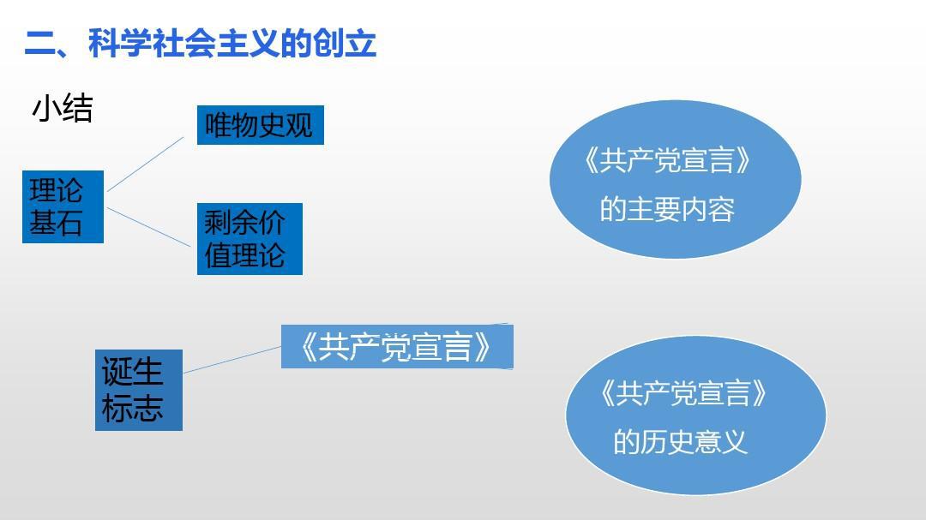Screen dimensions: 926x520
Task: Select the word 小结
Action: (x=63, y=109)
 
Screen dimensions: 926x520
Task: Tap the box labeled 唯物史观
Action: (x=260, y=125)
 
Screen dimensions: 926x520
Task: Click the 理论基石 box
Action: (x=63, y=206)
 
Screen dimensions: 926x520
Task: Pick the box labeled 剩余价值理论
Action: (x=250, y=239)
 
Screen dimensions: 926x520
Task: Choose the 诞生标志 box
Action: (x=138, y=390)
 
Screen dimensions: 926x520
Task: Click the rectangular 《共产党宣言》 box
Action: (x=396, y=346)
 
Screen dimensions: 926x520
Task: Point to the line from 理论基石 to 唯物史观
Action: (x=145, y=163)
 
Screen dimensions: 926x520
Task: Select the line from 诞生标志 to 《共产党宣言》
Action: (x=231, y=360)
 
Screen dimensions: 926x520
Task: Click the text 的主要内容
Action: (x=667, y=209)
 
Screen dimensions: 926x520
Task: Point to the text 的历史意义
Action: (x=680, y=442)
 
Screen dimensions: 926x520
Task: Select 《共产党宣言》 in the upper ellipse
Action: (x=668, y=161)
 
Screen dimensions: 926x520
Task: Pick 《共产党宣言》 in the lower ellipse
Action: (x=683, y=394)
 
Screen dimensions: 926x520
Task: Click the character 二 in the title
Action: (x=39, y=43)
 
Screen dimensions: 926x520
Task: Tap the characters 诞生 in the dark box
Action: (x=132, y=372)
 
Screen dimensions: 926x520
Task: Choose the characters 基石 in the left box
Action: (x=56, y=223)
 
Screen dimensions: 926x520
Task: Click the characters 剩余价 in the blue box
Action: (x=244, y=223)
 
